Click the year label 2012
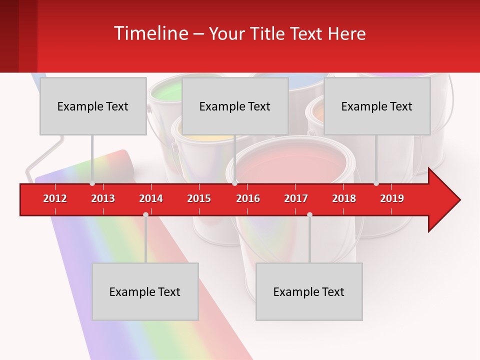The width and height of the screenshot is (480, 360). click(x=55, y=198)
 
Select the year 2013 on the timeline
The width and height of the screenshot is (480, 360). click(x=103, y=198)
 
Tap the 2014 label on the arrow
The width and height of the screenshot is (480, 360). click(x=151, y=198)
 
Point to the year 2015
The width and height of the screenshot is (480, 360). click(x=199, y=198)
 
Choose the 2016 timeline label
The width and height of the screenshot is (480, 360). click(x=248, y=198)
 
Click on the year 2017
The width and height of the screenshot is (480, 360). click(x=296, y=198)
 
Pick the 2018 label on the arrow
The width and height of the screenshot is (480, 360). click(x=344, y=198)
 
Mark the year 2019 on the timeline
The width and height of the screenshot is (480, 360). click(x=392, y=198)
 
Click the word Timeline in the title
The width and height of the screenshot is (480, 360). click(x=150, y=33)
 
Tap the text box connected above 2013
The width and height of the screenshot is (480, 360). click(x=93, y=106)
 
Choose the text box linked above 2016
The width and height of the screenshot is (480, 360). click(x=235, y=106)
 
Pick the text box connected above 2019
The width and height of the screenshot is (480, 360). click(x=377, y=106)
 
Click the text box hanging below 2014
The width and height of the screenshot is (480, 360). click(x=145, y=291)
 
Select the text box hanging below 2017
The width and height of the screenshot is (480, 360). click(x=309, y=291)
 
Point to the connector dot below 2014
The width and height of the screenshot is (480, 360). click(x=145, y=214)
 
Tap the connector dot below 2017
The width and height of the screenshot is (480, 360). click(x=309, y=214)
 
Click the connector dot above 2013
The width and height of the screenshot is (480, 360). click(x=92, y=183)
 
